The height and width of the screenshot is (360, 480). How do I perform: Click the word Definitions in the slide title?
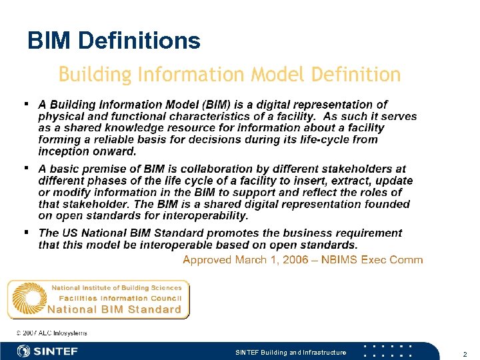point(139,41)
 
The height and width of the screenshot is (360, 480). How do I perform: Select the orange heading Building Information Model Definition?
point(229,74)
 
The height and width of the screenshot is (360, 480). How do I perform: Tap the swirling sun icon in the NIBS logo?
point(29,299)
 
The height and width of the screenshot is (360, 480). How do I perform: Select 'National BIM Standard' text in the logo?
point(114,309)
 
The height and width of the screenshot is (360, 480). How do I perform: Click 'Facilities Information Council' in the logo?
point(120,298)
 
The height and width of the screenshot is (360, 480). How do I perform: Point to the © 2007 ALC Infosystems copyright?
point(51,333)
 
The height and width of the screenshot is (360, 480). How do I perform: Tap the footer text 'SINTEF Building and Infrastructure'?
point(291,352)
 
